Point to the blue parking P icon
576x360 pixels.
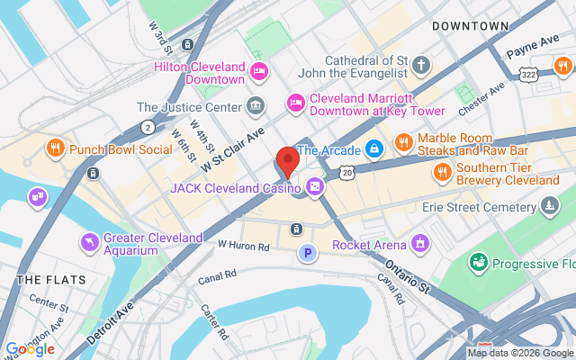click(308, 254)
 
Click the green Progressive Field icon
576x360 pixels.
click(477, 264)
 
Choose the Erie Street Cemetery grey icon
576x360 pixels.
click(549, 208)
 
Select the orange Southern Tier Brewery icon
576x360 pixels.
click(442, 172)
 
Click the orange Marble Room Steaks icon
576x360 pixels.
click(403, 142)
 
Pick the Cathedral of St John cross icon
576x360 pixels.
click(423, 66)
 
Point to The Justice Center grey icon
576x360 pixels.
click(257, 106)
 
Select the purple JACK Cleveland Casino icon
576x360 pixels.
click(315, 188)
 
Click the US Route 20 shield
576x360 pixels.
click(347, 172)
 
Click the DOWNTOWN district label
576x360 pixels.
click(470, 26)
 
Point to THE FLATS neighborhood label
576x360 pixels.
click(51, 280)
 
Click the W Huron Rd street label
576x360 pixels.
click(243, 244)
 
